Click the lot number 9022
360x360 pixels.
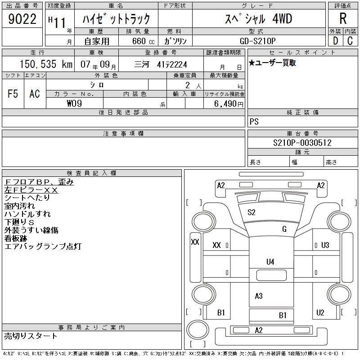pyautogui.click(x=22, y=19)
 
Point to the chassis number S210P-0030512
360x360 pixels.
pyautogui.click(x=302, y=143)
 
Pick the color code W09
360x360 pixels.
pyautogui.click(x=73, y=103)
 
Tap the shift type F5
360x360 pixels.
pyautogui.click(x=13, y=94)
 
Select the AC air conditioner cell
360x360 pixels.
pyautogui.click(x=35, y=94)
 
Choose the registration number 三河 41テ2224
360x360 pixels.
pyautogui.click(x=161, y=64)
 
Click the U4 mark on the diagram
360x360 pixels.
pyautogui.click(x=270, y=261)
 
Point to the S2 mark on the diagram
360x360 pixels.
pyautogui.click(x=252, y=212)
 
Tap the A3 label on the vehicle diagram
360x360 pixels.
pyautogui.click(x=259, y=296)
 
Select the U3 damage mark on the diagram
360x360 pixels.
pyautogui.click(x=325, y=245)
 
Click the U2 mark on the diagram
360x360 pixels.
pyautogui.click(x=320, y=312)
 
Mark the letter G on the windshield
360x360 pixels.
pyautogui.click(x=284, y=229)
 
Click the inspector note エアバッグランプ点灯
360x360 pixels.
pyautogui.click(x=42, y=247)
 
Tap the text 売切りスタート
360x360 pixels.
pyautogui.click(x=31, y=336)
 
